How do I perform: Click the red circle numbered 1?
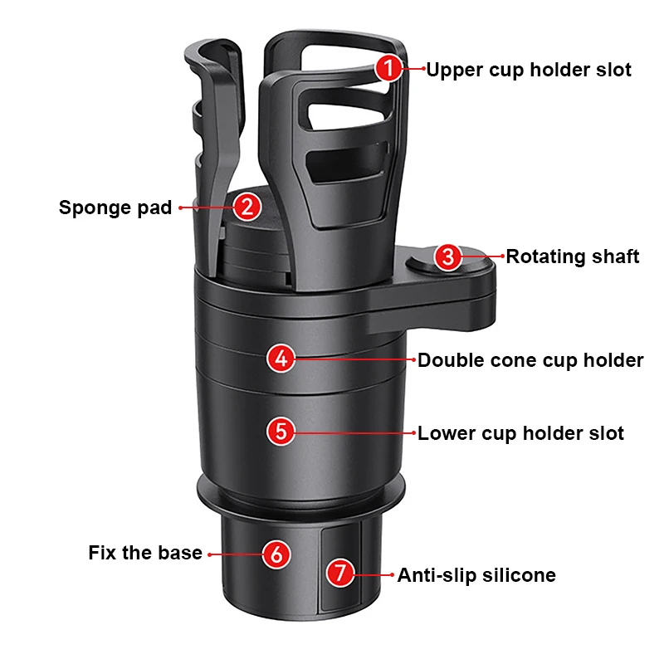tap(388, 69)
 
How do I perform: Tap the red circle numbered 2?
tap(247, 207)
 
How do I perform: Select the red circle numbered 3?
tap(448, 256)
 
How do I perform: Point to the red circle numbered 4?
tap(281, 359)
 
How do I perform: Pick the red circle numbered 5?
tap(281, 432)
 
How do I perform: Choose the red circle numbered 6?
tap(276, 553)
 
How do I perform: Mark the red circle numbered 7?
tap(338, 574)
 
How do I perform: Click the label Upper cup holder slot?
tap(529, 70)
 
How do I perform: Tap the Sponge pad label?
tap(115, 207)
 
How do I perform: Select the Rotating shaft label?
tap(573, 256)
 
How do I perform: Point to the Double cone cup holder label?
tap(530, 360)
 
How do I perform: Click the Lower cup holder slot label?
tap(520, 432)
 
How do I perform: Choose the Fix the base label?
tap(145, 553)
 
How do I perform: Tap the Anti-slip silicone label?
tap(476, 574)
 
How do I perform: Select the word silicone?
tap(521, 574)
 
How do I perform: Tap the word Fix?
tap(101, 553)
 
